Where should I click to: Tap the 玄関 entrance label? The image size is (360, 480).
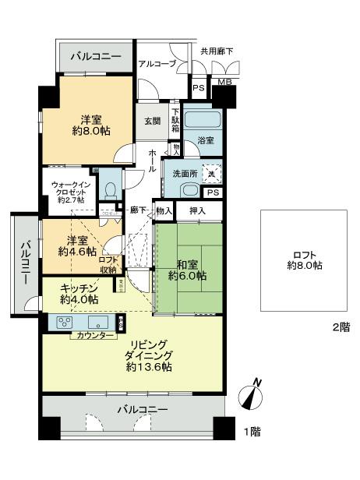tap(151, 121)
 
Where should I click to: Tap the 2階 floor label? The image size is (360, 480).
tap(341, 327)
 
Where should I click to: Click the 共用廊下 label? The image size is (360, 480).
tap(216, 51)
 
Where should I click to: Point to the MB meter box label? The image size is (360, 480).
tap(224, 81)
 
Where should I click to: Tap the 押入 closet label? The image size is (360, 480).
tap(196, 211)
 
